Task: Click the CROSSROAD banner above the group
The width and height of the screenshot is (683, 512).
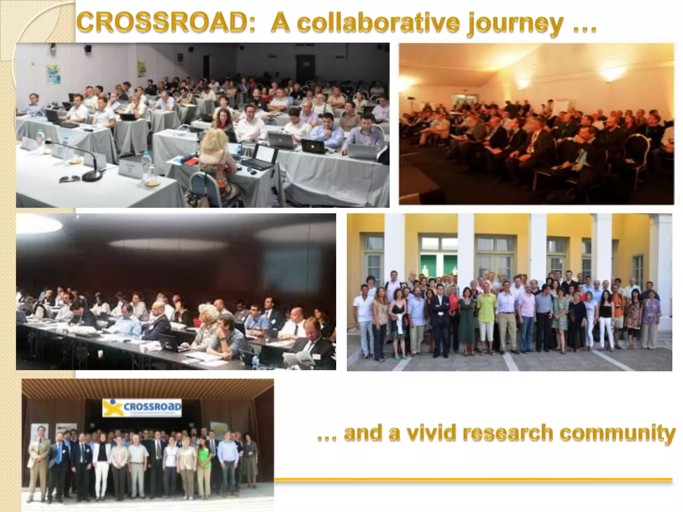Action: pos(142,407)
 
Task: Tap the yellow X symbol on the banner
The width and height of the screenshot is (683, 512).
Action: pos(112,408)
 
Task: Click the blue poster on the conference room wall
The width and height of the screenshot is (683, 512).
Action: pos(53,74)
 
